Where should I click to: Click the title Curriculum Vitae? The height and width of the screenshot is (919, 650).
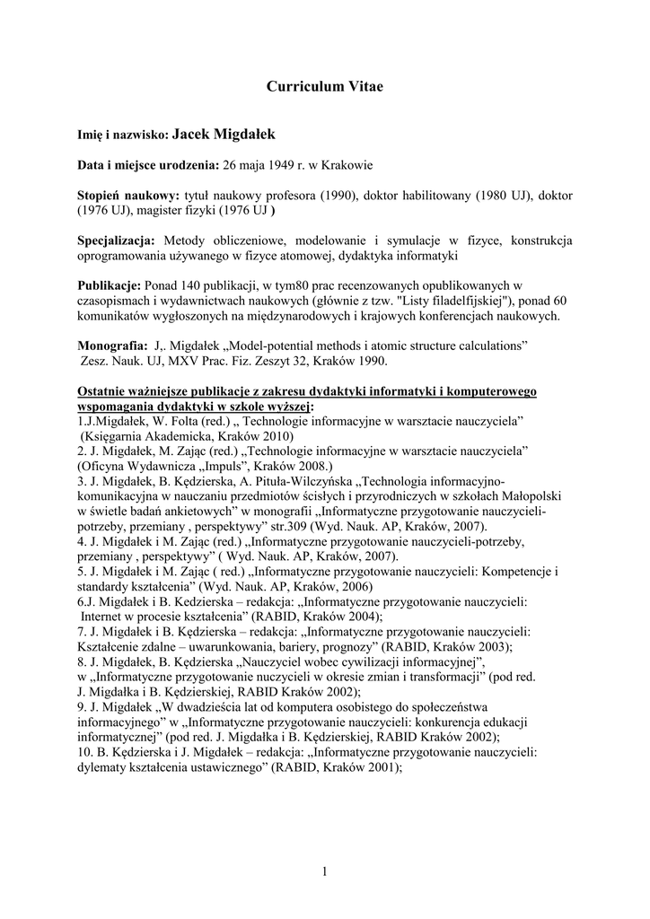[324, 87]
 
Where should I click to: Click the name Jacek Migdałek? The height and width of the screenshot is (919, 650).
[224, 135]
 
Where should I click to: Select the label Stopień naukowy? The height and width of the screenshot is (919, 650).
[128, 196]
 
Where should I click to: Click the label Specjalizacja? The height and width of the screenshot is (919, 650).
[117, 241]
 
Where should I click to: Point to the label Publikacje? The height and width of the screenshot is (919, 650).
[110, 285]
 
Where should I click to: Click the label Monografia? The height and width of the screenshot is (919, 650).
[113, 346]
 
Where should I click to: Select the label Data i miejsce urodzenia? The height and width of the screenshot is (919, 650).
[147, 165]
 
